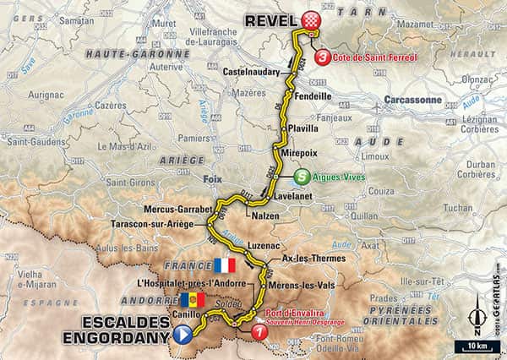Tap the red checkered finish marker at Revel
coord(312,20)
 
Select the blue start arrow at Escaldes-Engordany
coord(181,335)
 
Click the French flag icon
coord(225,265)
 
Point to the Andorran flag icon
coord(192,299)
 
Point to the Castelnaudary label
coord(251,73)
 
